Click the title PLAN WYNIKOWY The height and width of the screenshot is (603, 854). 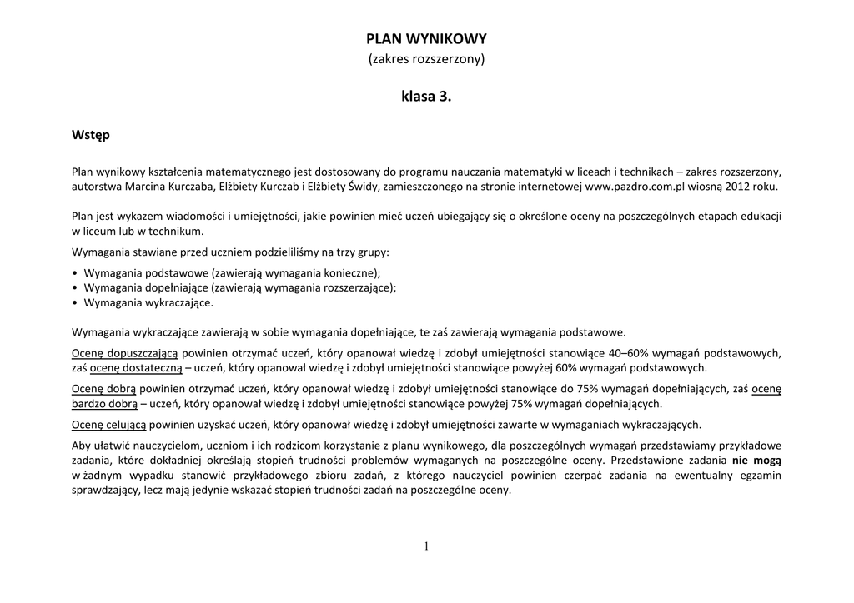426,38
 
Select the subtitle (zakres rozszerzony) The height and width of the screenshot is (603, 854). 426,59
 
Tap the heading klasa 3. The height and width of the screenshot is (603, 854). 426,97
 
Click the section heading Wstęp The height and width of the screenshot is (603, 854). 90,134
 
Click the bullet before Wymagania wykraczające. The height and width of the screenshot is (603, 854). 76,302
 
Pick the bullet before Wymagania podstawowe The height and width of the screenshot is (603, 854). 76,272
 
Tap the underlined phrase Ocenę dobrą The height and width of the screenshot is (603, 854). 104,388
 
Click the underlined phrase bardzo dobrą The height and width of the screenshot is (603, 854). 104,404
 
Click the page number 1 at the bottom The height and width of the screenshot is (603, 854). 426,546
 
